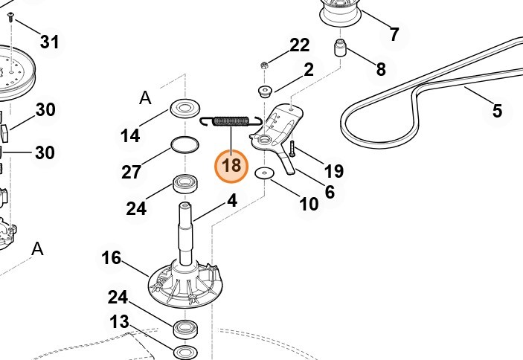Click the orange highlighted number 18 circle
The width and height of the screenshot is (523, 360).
tap(231, 165)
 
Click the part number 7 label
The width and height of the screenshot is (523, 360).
tap(394, 33)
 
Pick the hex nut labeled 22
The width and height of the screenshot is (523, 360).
tap(265, 66)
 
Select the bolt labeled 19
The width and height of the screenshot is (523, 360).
tap(292, 150)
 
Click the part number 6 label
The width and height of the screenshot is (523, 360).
tap(329, 191)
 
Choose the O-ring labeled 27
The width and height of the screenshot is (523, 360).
tap(185, 144)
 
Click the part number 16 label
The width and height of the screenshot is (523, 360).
tap(111, 257)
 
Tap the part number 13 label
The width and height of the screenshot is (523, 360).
tap(119, 322)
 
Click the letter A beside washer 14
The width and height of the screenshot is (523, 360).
tap(145, 97)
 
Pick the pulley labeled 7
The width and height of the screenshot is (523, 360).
tap(344, 11)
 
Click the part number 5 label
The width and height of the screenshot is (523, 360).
tap(497, 111)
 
